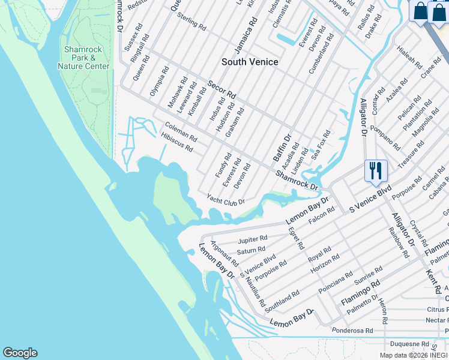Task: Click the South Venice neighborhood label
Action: [x=250, y=62]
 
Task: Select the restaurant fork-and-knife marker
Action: [x=376, y=170]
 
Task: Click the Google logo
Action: [x=20, y=353]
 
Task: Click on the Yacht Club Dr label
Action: [x=226, y=199]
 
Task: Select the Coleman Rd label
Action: [x=180, y=131]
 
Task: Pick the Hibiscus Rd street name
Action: [x=176, y=142]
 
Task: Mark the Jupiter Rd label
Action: [x=252, y=239]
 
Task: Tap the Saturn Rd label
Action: [x=251, y=250]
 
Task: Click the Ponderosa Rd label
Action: [x=352, y=331]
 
